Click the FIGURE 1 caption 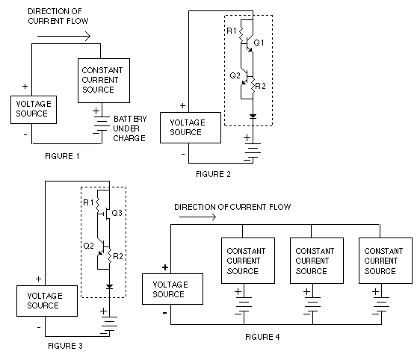click(x=62, y=156)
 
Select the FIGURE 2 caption click(x=213, y=174)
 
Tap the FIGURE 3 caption click(x=65, y=346)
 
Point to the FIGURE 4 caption click(x=262, y=337)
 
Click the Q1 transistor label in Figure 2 click(x=259, y=43)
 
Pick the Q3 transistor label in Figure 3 click(x=117, y=213)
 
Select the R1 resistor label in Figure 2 click(x=232, y=31)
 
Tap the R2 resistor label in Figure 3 click(x=118, y=256)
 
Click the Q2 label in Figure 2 click(x=235, y=75)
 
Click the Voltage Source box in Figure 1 click(x=34, y=110)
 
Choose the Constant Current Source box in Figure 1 click(x=104, y=81)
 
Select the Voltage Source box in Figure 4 click(x=173, y=289)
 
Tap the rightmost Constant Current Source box click(x=386, y=261)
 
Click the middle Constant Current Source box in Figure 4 click(x=317, y=261)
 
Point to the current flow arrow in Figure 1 click(x=64, y=36)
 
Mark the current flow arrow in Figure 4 click(x=197, y=217)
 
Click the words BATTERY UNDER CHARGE click(x=130, y=128)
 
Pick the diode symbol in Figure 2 click(x=253, y=117)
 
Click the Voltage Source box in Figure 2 click(x=191, y=128)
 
